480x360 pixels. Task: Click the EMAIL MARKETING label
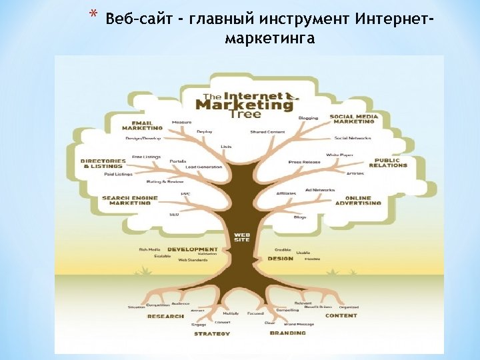point(141,126)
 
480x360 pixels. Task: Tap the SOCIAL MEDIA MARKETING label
point(354,119)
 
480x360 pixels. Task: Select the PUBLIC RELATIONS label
point(387,163)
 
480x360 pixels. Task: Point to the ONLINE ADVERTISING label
point(363,200)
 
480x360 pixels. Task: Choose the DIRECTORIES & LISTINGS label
point(103,163)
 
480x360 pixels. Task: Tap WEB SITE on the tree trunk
point(241,237)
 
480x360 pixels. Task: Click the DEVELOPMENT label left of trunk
point(193,249)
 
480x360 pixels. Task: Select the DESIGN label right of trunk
point(280,258)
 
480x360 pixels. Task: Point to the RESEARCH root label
point(165,316)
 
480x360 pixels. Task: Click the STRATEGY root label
point(212,333)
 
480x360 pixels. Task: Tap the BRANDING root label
point(288,332)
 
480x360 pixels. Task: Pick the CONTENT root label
point(341,315)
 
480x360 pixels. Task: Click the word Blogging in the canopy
point(308,118)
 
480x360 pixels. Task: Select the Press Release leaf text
point(305,161)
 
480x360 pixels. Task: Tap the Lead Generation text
point(204,166)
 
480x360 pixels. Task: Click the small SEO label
point(174,215)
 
